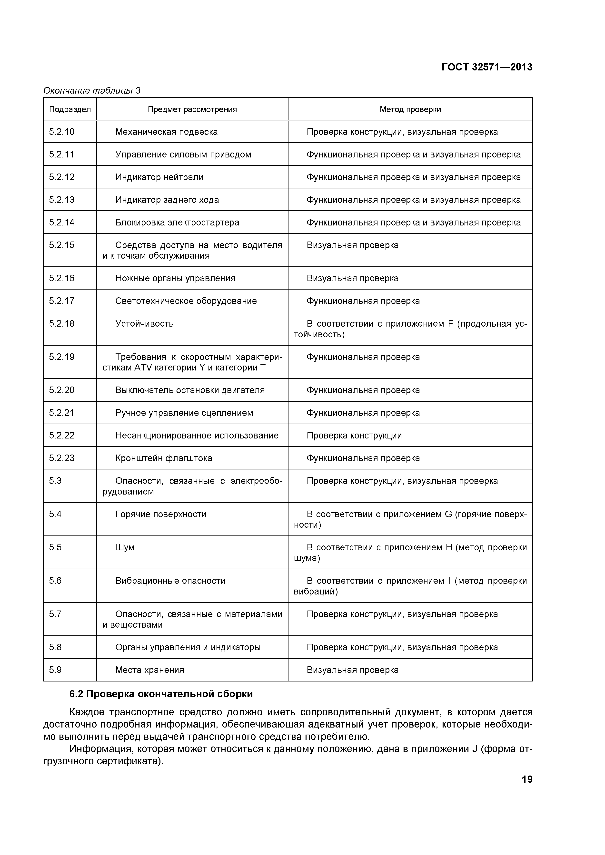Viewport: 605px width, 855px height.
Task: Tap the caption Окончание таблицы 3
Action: pos(92,90)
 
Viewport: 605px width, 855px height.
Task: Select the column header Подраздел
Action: pos(70,109)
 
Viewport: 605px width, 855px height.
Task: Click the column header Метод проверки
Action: pos(410,109)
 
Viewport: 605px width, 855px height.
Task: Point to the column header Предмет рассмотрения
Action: pos(192,109)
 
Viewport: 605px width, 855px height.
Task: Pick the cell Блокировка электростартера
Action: pos(177,223)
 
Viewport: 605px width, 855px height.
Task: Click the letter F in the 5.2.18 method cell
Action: pos(450,324)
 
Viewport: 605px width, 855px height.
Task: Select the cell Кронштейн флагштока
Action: pos(164,458)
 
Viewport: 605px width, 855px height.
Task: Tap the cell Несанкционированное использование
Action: pos(197,436)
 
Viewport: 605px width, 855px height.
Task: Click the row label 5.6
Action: pos(55,581)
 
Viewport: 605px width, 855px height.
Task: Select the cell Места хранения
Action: pos(149,670)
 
